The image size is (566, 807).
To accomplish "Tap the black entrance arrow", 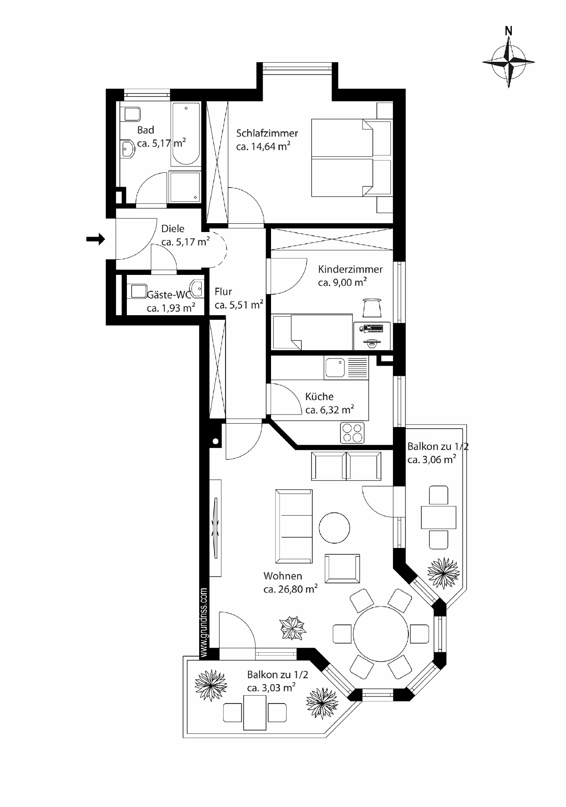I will [x=95, y=239].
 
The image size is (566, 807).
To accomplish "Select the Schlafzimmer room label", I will [x=267, y=133].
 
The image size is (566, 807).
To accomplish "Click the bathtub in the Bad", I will [x=185, y=134].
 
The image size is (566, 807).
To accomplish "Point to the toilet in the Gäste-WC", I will [x=136, y=290].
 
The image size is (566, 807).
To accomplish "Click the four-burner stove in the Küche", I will [x=352, y=433].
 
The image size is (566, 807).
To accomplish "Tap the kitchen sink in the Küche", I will [x=335, y=367].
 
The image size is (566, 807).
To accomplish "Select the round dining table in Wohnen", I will [x=381, y=634].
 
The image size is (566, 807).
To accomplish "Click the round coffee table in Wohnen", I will [x=334, y=528].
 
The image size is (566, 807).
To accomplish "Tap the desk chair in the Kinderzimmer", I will [x=372, y=308].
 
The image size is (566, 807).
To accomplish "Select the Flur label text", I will [x=223, y=292].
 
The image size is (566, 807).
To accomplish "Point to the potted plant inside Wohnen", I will [x=293, y=628].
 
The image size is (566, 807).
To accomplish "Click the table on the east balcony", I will [x=438, y=517].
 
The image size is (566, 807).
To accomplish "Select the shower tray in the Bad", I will [x=184, y=187].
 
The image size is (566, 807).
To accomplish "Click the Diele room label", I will [x=173, y=229].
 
